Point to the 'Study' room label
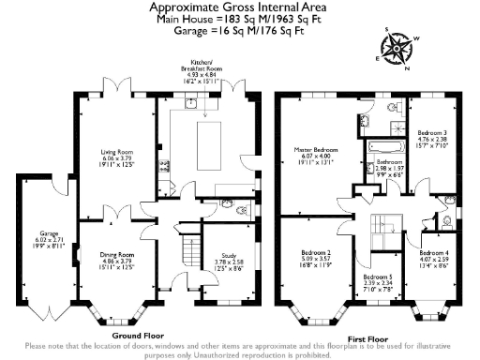click(225, 251)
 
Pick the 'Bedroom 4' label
click(433, 253)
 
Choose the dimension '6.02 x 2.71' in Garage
click(37, 240)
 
